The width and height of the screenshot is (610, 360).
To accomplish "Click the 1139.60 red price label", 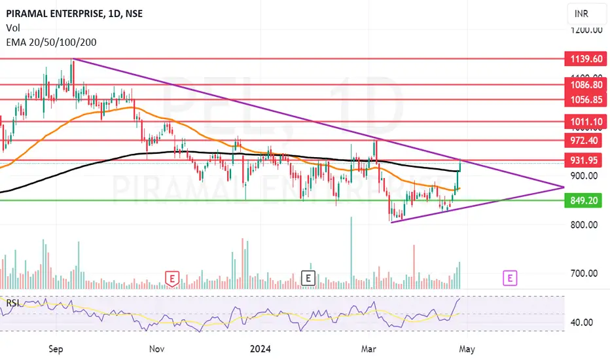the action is click(x=586, y=59).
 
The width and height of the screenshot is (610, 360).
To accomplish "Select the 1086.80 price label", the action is click(x=586, y=85).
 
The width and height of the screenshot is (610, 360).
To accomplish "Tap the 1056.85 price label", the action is click(x=586, y=99).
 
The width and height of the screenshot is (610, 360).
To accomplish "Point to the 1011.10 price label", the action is click(x=586, y=122).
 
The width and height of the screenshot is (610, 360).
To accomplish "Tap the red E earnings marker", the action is click(x=172, y=279).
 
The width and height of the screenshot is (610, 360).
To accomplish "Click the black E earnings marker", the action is click(x=308, y=278).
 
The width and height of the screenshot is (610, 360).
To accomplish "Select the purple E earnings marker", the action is click(x=510, y=278).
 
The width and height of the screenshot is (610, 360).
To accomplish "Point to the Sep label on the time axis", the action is click(x=56, y=349).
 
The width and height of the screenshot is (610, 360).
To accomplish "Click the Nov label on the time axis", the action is click(x=157, y=349).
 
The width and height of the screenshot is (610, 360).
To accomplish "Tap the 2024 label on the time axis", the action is click(x=260, y=349).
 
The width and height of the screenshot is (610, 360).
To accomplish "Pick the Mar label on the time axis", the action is click(x=368, y=349).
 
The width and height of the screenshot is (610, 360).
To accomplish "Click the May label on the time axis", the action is click(x=467, y=349).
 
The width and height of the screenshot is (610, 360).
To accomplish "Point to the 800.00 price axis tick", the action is click(x=584, y=225).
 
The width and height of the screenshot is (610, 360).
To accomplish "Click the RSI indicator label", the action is click(x=13, y=303).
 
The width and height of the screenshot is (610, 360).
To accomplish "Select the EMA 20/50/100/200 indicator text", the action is click(x=51, y=42).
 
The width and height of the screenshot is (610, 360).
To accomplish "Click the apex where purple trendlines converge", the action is click(x=564, y=187).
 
